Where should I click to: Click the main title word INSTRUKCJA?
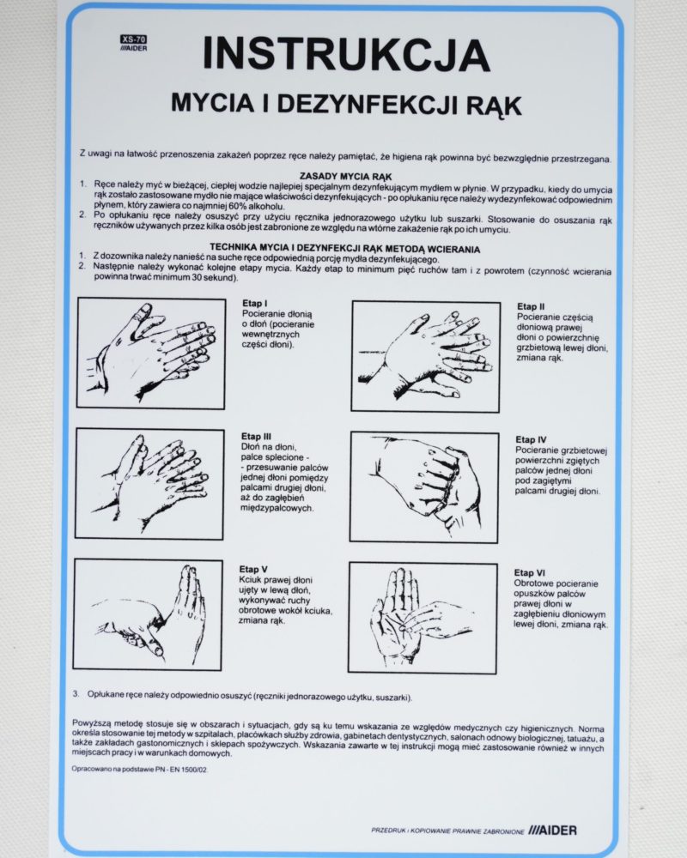pos(346,54)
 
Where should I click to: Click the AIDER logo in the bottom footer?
pos(552,830)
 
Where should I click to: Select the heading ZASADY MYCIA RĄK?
pos(346,176)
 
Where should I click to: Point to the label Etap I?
pos(255,303)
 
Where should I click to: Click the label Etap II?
pos(531,306)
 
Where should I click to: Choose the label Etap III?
pos(256,436)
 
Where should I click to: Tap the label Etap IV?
pos(531,439)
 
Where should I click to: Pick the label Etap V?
pos(253,569)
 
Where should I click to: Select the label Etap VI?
pos(529,572)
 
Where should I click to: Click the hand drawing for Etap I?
pos(151,353)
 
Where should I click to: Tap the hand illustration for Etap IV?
pos(424,487)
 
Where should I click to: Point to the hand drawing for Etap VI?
pos(423,618)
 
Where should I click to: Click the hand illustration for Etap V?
pos(148,614)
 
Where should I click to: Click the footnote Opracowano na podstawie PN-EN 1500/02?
pos(140,769)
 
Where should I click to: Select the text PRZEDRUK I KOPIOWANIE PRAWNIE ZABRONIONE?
pos(447,831)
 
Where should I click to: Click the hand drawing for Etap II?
pos(426,356)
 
